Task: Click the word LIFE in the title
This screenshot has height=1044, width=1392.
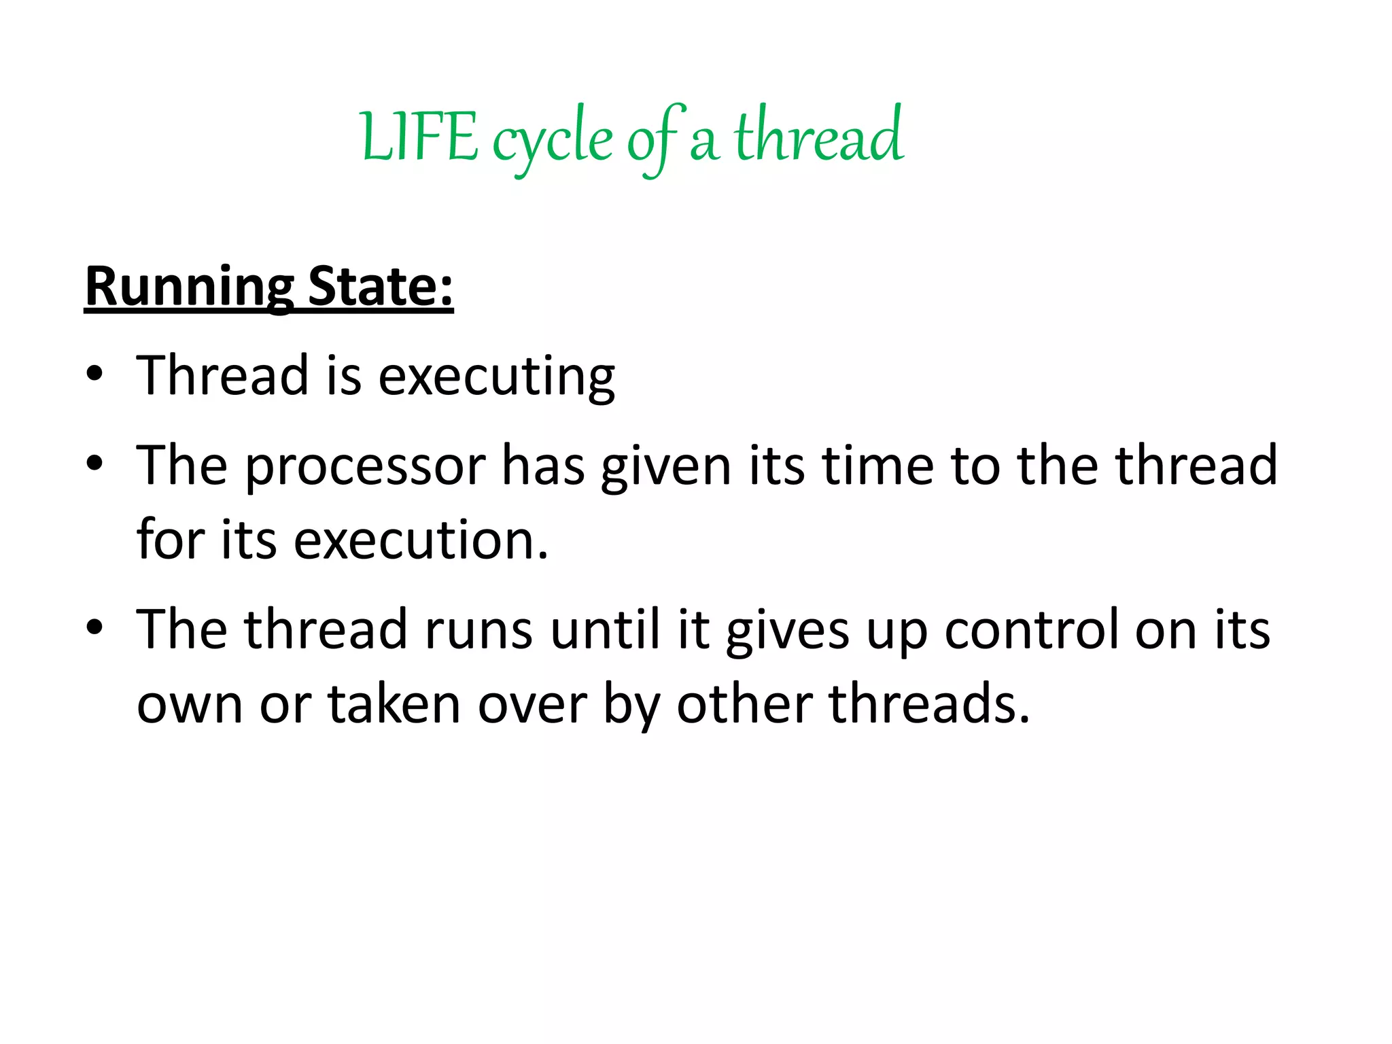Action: [x=419, y=138]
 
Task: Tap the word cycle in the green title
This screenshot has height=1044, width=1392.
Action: [x=552, y=141]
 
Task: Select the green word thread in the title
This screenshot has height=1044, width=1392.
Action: [x=818, y=136]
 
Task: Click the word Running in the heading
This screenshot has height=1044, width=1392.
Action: [x=190, y=288]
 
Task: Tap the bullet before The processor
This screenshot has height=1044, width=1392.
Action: [x=94, y=465]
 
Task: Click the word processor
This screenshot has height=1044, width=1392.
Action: [x=365, y=467]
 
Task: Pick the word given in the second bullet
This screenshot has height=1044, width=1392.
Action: [x=665, y=467]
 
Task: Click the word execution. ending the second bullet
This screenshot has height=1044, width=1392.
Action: [x=421, y=540]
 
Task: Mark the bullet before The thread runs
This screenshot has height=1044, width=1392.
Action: [x=94, y=628]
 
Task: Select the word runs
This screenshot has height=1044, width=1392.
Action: [x=478, y=630]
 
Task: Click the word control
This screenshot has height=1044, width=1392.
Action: [x=1030, y=630]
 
